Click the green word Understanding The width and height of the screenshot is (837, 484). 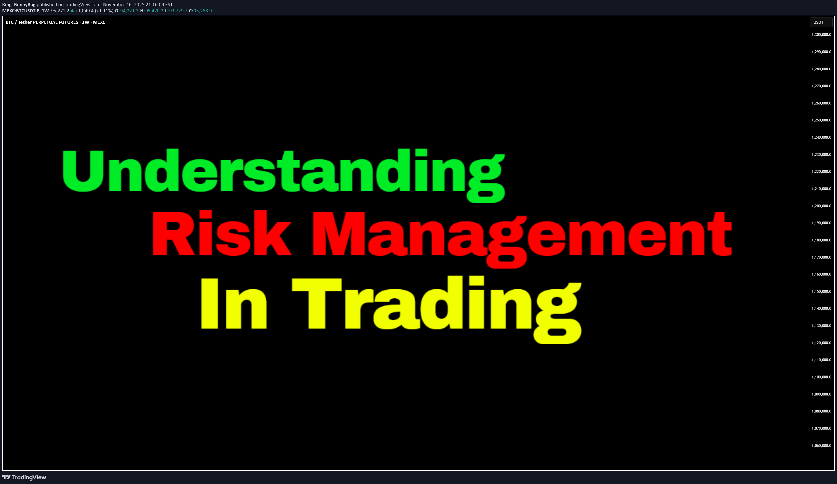pyautogui.click(x=283, y=175)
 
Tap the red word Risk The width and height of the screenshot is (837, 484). pyautogui.click(x=222, y=233)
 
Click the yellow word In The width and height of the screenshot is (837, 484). pyautogui.click(x=233, y=303)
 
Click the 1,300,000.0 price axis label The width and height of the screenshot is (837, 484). pyautogui.click(x=821, y=34)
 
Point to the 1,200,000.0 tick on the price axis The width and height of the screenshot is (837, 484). pyautogui.click(x=821, y=206)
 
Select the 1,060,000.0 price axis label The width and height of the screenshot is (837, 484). pyautogui.click(x=821, y=445)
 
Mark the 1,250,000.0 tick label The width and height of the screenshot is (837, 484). pyautogui.click(x=821, y=120)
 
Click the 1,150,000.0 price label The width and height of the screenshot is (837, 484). pyautogui.click(x=821, y=292)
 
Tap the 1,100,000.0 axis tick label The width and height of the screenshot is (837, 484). pyautogui.click(x=821, y=377)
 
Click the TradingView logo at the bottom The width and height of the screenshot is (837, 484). pyautogui.click(x=24, y=477)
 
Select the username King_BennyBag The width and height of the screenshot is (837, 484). pyautogui.click(x=19, y=5)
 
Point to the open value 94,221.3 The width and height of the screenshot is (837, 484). pyautogui.click(x=129, y=11)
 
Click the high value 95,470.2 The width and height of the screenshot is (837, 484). pyautogui.click(x=154, y=11)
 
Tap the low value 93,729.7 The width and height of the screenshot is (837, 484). pyautogui.click(x=178, y=11)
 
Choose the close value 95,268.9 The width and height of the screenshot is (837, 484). pyautogui.click(x=203, y=11)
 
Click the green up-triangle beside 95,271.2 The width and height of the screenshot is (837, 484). pyautogui.click(x=72, y=11)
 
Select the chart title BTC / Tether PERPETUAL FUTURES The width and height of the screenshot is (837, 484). pyautogui.click(x=42, y=22)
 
